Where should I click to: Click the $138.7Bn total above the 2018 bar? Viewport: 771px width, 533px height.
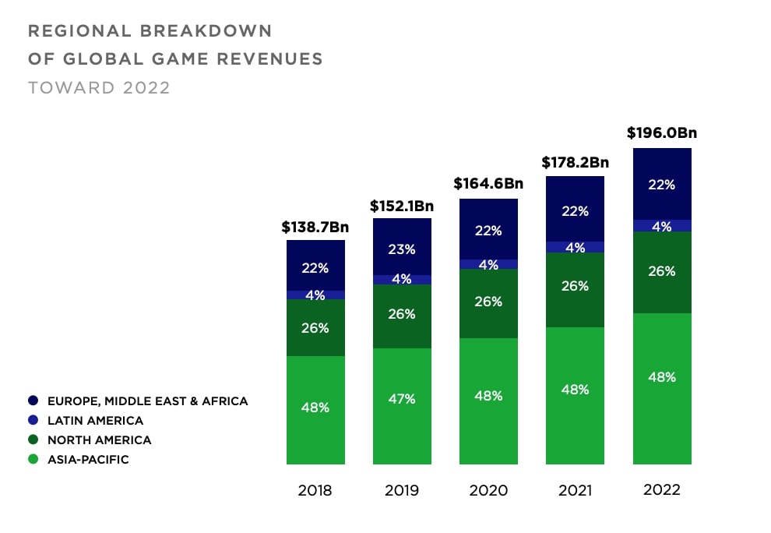[x=315, y=228]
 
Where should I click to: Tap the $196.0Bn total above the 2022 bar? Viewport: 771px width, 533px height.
[x=661, y=132]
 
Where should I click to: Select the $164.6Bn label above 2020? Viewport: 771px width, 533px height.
[x=488, y=185]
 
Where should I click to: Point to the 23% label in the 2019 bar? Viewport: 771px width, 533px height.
[x=402, y=249]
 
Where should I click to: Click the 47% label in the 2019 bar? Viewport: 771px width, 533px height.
[x=402, y=399]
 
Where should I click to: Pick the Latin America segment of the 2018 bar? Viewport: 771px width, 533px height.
[x=315, y=295]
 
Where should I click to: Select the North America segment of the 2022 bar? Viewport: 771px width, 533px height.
[x=662, y=272]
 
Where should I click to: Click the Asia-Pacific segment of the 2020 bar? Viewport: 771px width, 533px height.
[x=488, y=401]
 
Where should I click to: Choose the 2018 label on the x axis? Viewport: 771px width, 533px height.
[x=315, y=490]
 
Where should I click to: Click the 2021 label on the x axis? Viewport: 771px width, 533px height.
[x=575, y=490]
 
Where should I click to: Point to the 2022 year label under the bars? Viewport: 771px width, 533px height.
[x=662, y=489]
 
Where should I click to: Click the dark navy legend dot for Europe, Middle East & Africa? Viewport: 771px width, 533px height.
[x=33, y=401]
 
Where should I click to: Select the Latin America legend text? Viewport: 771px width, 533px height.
[x=95, y=421]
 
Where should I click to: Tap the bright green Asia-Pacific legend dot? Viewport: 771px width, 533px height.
[x=33, y=460]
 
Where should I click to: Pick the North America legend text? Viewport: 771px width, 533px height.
[x=99, y=440]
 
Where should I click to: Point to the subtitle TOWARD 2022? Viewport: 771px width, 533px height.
[x=99, y=87]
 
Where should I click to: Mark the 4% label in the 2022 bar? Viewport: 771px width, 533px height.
[x=662, y=227]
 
